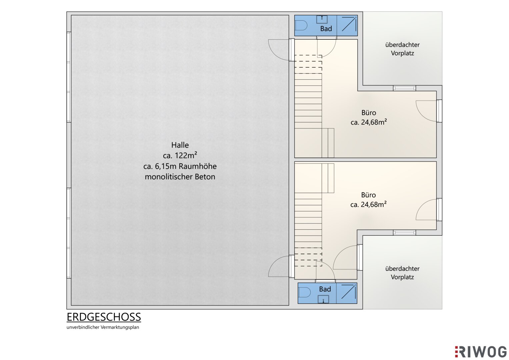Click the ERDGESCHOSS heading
[104, 317]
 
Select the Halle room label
[180, 145]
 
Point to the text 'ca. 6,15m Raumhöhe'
[180, 166]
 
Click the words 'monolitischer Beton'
[180, 177]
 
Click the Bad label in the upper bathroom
[326, 29]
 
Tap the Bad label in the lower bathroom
[325, 289]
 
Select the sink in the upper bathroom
[322, 19]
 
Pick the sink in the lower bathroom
[323, 299]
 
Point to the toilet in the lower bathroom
[304, 293]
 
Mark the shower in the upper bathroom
[347, 25]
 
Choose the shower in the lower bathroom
[347, 293]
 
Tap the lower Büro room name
[368, 195]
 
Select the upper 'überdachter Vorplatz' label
[402, 49]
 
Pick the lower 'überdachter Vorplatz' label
[402, 273]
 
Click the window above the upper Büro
[404, 88]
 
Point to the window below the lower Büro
[404, 233]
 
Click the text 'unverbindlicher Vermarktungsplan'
[103, 327]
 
